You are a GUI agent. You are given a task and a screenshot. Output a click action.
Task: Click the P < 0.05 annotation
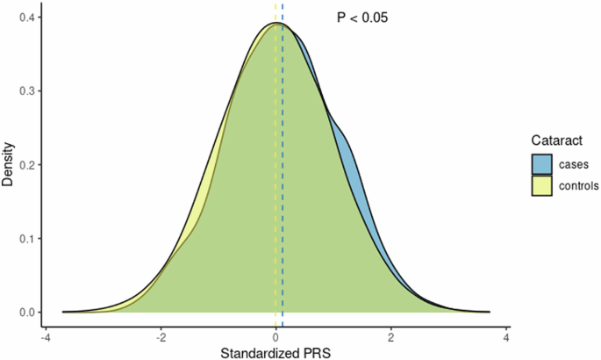pyautogui.click(x=362, y=17)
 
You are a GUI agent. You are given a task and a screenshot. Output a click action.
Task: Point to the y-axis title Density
pyautogui.click(x=9, y=164)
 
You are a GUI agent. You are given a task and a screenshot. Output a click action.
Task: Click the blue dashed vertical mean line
pyautogui.click(x=283, y=176)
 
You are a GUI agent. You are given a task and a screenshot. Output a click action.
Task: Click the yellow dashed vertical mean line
pyautogui.click(x=275, y=176)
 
